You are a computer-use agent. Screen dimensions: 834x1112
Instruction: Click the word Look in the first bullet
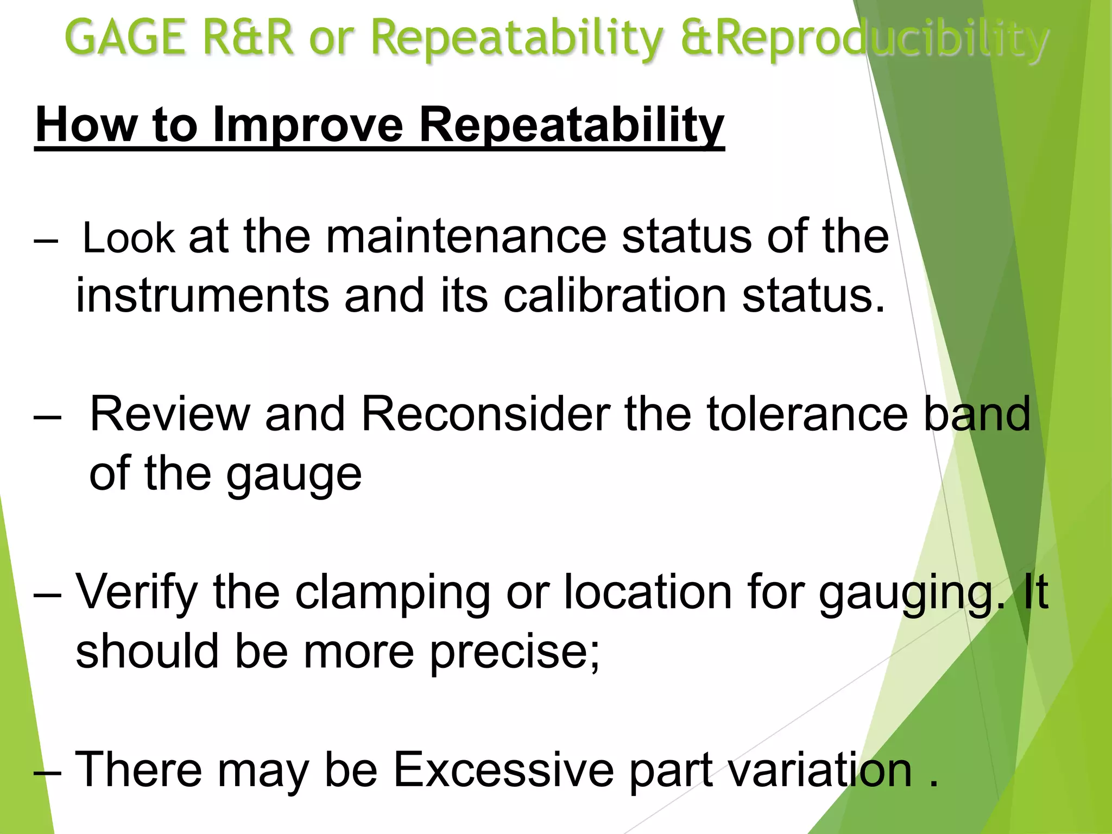pos(129,238)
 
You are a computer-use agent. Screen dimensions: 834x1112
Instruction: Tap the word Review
pos(169,414)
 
